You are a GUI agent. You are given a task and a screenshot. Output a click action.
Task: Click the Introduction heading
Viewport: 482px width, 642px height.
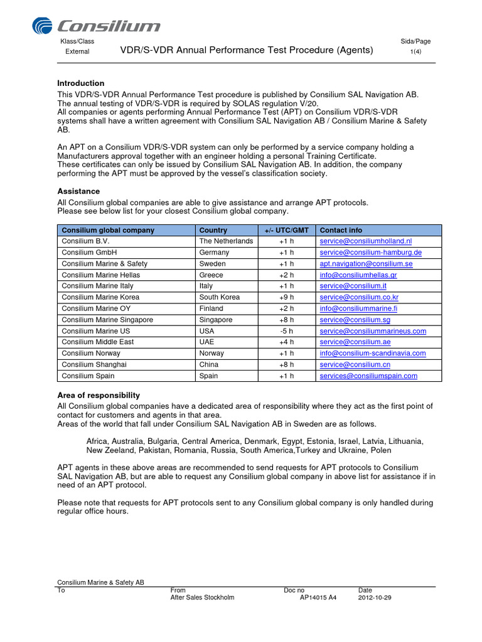point(81,83)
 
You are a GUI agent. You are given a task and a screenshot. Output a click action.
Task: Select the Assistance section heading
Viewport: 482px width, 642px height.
point(78,191)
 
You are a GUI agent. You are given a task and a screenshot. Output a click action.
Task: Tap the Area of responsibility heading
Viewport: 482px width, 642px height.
point(99,396)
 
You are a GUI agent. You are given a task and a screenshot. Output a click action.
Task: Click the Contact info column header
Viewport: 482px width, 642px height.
point(341,230)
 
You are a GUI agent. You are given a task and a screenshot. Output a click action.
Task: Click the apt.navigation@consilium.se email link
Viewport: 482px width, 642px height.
point(366,264)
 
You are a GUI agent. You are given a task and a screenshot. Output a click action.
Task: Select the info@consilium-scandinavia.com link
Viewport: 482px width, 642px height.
point(372,354)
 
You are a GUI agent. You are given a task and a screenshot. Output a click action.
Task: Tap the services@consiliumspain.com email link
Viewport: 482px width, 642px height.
point(368,376)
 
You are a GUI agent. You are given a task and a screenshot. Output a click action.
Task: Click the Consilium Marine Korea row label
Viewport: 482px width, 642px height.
point(100,297)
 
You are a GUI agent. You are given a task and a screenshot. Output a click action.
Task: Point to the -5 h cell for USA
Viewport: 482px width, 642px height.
point(286,331)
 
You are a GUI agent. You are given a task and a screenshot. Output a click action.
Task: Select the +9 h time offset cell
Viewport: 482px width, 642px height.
point(286,297)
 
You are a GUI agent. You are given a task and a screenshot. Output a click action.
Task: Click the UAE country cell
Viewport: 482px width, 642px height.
point(206,342)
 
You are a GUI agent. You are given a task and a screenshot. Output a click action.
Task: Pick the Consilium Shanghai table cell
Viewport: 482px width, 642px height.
point(94,365)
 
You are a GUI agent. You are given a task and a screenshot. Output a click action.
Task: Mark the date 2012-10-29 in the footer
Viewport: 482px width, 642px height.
point(375,597)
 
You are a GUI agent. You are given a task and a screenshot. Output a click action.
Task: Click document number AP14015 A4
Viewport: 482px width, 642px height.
point(318,597)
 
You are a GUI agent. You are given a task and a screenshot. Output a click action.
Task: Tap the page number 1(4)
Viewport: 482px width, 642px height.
point(415,51)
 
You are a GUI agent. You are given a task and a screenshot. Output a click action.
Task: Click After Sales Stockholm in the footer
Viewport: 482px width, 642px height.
point(202,597)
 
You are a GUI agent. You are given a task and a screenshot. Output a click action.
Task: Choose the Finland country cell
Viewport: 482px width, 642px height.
point(211,308)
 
